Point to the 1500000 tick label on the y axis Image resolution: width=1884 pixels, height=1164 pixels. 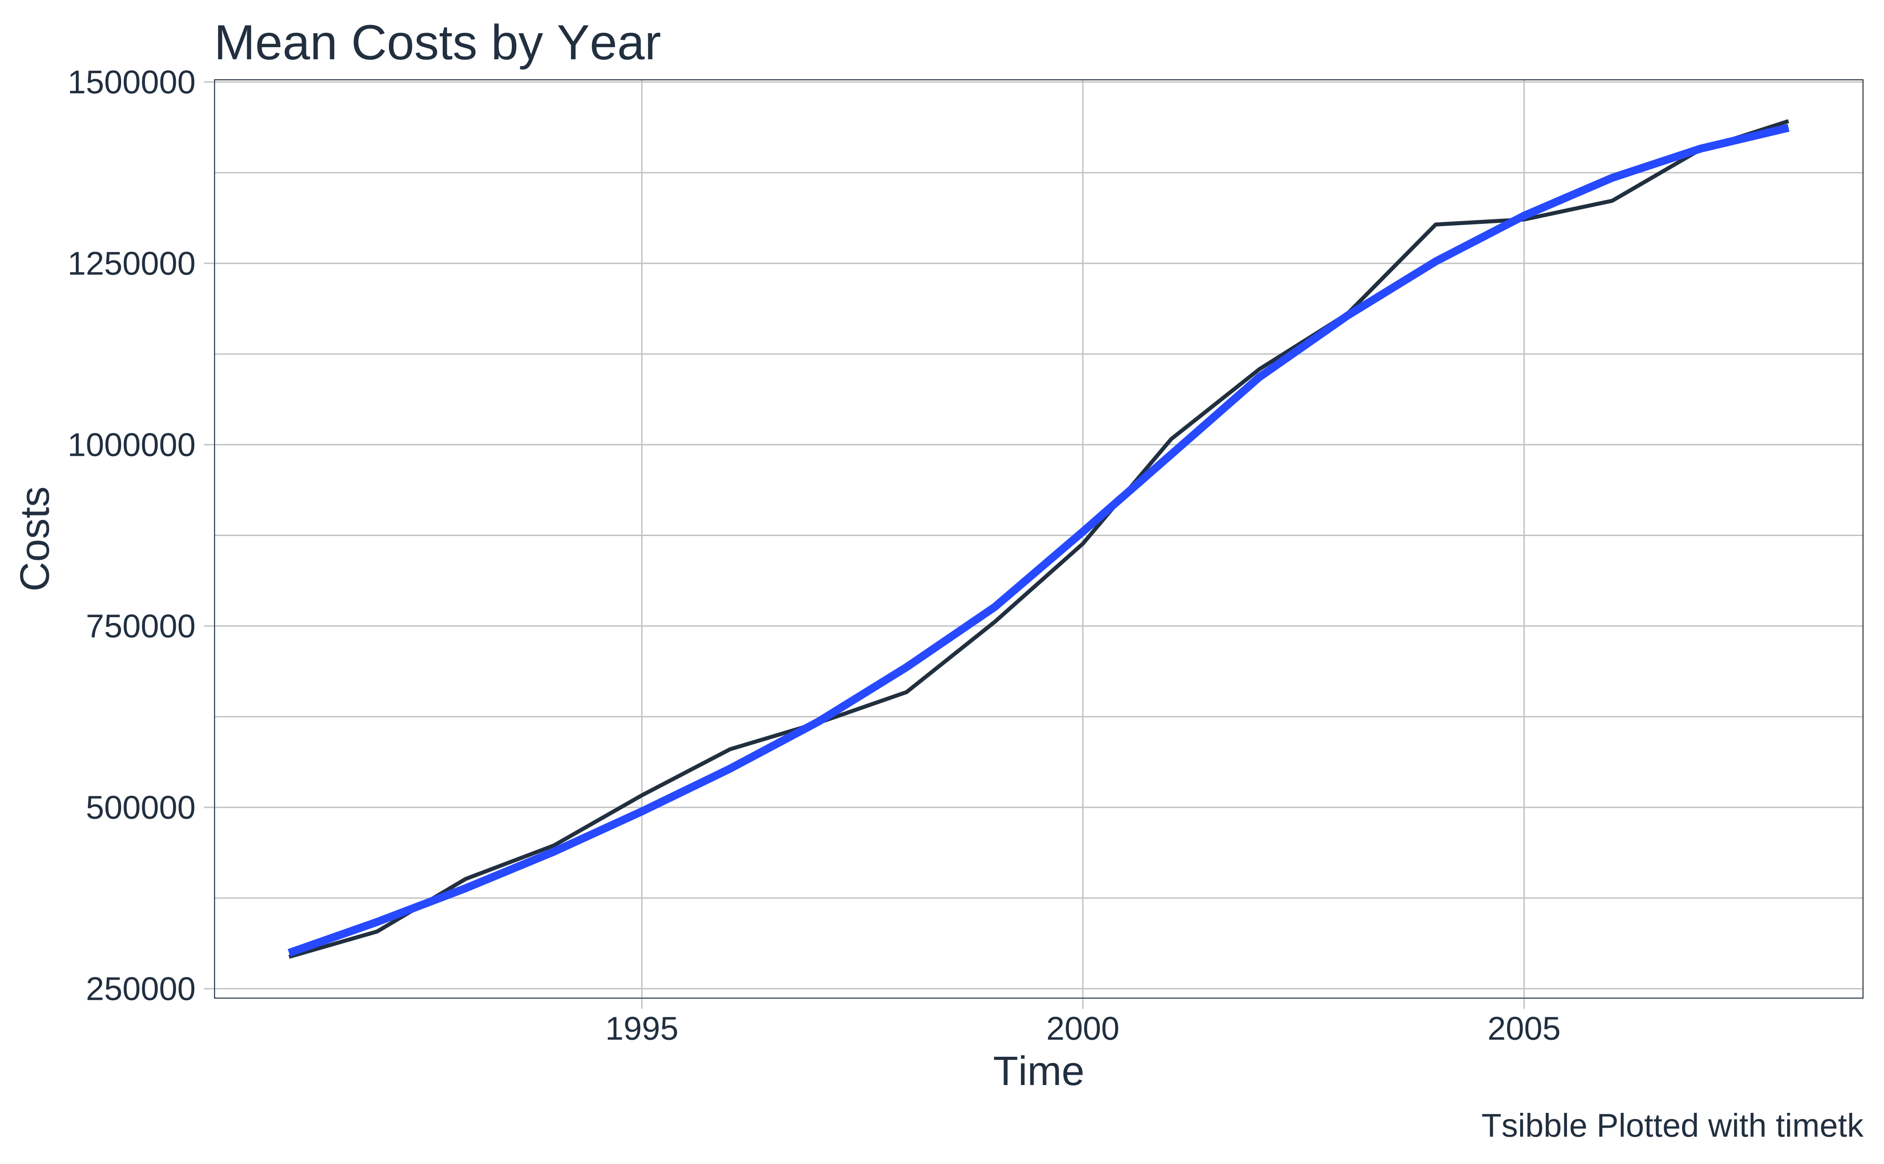pyautogui.click(x=131, y=83)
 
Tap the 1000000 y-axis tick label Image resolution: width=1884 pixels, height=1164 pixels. pyautogui.click(x=131, y=445)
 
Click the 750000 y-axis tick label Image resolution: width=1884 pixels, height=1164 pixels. pyautogui.click(x=140, y=627)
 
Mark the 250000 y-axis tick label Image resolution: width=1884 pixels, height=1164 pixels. pyautogui.click(x=140, y=989)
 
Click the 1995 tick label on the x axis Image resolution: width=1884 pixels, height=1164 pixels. pyautogui.click(x=641, y=1029)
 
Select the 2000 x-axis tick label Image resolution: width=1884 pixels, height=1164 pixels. pyautogui.click(x=1082, y=1029)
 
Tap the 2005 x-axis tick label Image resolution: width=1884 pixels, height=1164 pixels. pyautogui.click(x=1524, y=1029)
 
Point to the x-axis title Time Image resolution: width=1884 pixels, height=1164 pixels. pyautogui.click(x=1038, y=1072)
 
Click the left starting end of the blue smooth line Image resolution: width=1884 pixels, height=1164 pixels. pyautogui.click(x=290, y=952)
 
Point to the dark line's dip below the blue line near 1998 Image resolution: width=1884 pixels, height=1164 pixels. pyautogui.click(x=906, y=692)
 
